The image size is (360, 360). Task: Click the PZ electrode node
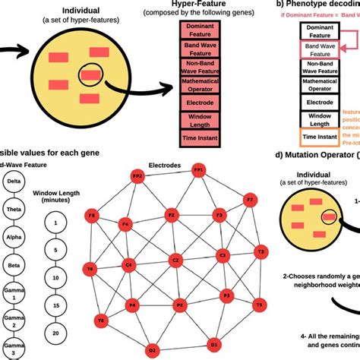pyautogui.click(x=180, y=305)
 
